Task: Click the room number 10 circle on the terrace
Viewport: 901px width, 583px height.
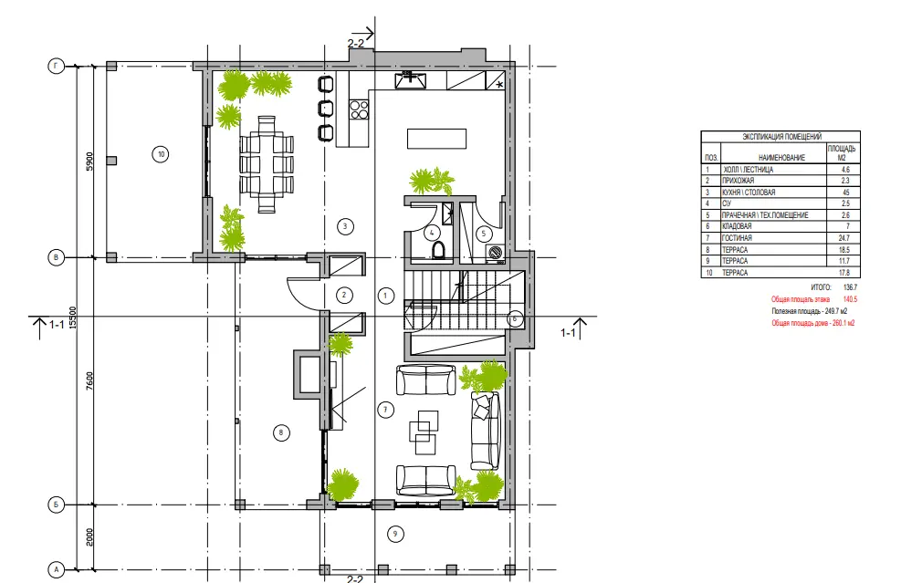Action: pyautogui.click(x=161, y=154)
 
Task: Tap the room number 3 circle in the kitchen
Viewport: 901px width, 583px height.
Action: pyautogui.click(x=345, y=226)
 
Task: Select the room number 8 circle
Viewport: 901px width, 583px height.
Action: pyautogui.click(x=281, y=432)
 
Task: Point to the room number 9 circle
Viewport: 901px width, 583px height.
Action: pyautogui.click(x=394, y=534)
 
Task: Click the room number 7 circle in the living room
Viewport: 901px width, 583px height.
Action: pyautogui.click(x=385, y=410)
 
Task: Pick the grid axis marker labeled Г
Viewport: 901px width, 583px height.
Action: pyautogui.click(x=56, y=67)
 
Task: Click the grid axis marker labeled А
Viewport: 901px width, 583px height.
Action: pyautogui.click(x=57, y=570)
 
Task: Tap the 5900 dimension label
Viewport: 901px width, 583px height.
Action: pyautogui.click(x=89, y=161)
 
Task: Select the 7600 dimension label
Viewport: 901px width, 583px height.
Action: pyautogui.click(x=89, y=381)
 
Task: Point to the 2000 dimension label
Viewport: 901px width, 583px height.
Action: pyautogui.click(x=89, y=537)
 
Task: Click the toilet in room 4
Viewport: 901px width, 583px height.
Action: pyautogui.click(x=438, y=251)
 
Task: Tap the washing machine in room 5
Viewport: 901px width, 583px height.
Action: pyautogui.click(x=495, y=253)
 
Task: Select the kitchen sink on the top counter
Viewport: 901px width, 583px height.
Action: pyautogui.click(x=410, y=80)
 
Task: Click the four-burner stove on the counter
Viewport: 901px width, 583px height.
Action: pyautogui.click(x=359, y=109)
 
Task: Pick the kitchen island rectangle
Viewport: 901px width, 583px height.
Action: pyautogui.click(x=436, y=139)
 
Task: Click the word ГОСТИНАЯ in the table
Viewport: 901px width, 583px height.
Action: pyautogui.click(x=737, y=238)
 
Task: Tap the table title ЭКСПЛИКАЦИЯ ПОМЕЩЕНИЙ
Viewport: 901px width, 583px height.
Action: pyautogui.click(x=781, y=137)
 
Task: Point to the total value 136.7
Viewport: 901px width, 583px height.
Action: pyautogui.click(x=850, y=287)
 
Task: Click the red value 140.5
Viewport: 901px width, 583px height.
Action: pyautogui.click(x=850, y=299)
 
